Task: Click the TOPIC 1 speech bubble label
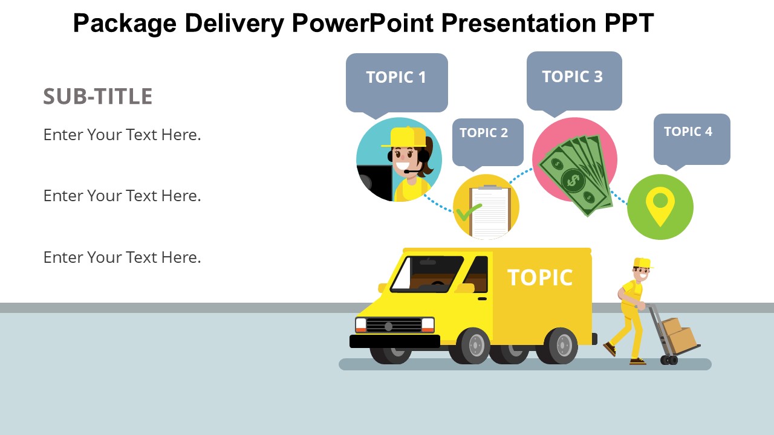[396, 77]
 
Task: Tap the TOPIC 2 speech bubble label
[484, 132]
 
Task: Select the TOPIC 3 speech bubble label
[573, 76]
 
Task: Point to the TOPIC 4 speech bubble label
[688, 132]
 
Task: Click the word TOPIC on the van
[540, 277]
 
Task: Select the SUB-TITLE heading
[98, 96]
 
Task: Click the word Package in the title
[125, 23]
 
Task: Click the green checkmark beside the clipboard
[468, 211]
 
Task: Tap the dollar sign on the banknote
[573, 180]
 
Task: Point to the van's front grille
[394, 326]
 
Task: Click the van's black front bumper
[395, 341]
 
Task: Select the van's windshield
[428, 274]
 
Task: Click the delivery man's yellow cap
[643, 263]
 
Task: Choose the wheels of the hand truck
[669, 360]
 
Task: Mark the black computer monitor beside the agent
[375, 182]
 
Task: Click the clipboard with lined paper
[490, 211]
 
